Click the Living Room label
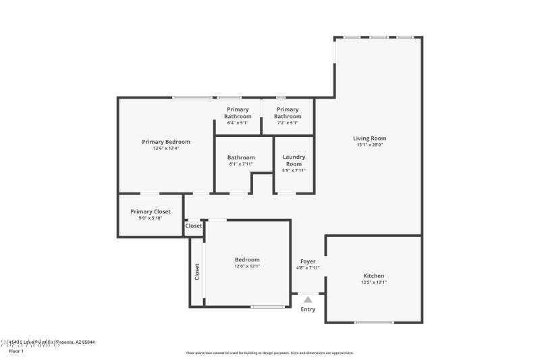click(369, 138)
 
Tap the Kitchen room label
click(373, 276)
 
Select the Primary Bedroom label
click(166, 142)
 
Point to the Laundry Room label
click(294, 160)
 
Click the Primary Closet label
click(151, 211)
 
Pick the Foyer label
click(308, 261)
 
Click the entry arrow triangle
click(308, 299)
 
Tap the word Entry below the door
click(308, 309)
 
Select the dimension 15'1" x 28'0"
click(369, 145)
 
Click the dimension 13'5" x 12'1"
click(373, 282)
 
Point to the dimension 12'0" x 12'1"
click(247, 266)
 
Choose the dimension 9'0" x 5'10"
click(151, 217)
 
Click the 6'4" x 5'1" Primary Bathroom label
click(238, 113)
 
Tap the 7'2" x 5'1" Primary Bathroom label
click(288, 113)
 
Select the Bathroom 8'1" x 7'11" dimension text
click(241, 163)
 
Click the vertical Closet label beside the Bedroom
click(197, 271)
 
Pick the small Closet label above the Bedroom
click(194, 226)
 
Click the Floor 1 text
click(16, 351)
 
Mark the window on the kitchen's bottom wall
click(374, 322)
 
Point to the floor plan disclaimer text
click(270, 353)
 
